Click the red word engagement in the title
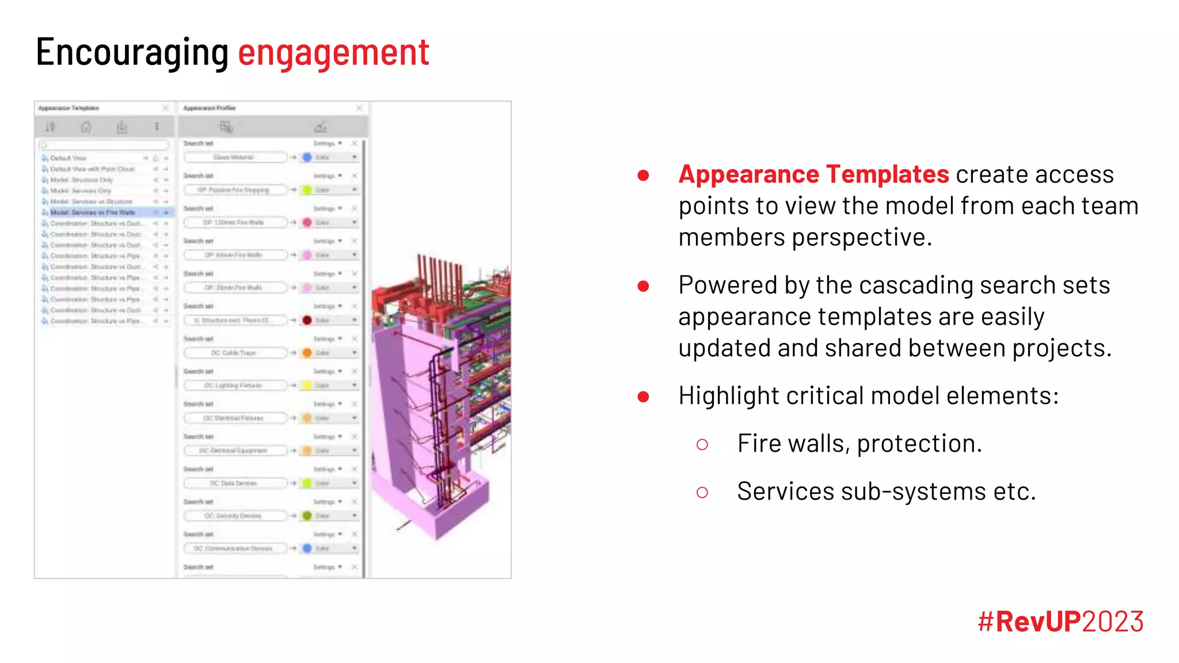[x=333, y=52]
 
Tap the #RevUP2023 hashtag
[x=1060, y=622]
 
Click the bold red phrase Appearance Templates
[x=813, y=174]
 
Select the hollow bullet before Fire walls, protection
[x=702, y=444]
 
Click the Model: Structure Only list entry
[x=81, y=180]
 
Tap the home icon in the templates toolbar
[x=86, y=127]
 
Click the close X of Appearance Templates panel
[x=166, y=108]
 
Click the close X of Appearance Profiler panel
[x=359, y=108]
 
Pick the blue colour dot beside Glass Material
[x=307, y=157]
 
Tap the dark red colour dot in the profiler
[x=307, y=320]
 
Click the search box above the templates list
[x=104, y=145]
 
